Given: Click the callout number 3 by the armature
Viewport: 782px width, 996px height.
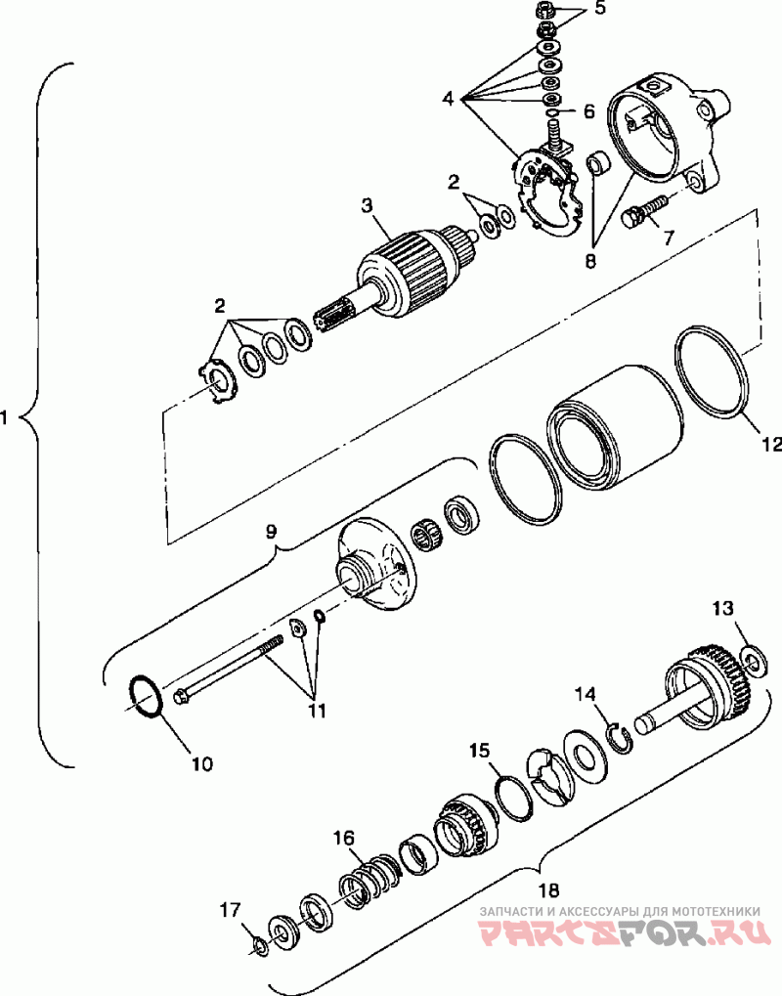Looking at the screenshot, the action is pyautogui.click(x=367, y=205).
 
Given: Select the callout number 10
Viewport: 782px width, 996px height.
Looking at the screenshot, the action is pyautogui.click(x=200, y=763).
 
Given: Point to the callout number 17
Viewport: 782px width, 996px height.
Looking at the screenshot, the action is pyautogui.click(x=229, y=910).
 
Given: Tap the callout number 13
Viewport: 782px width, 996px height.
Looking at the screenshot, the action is pyautogui.click(x=721, y=609).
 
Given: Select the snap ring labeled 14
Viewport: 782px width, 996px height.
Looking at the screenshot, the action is pyautogui.click(x=618, y=736).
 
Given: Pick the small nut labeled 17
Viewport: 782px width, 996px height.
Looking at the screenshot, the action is pyautogui.click(x=258, y=945).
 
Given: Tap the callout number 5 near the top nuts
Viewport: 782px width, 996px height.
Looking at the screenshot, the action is pyautogui.click(x=600, y=9).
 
